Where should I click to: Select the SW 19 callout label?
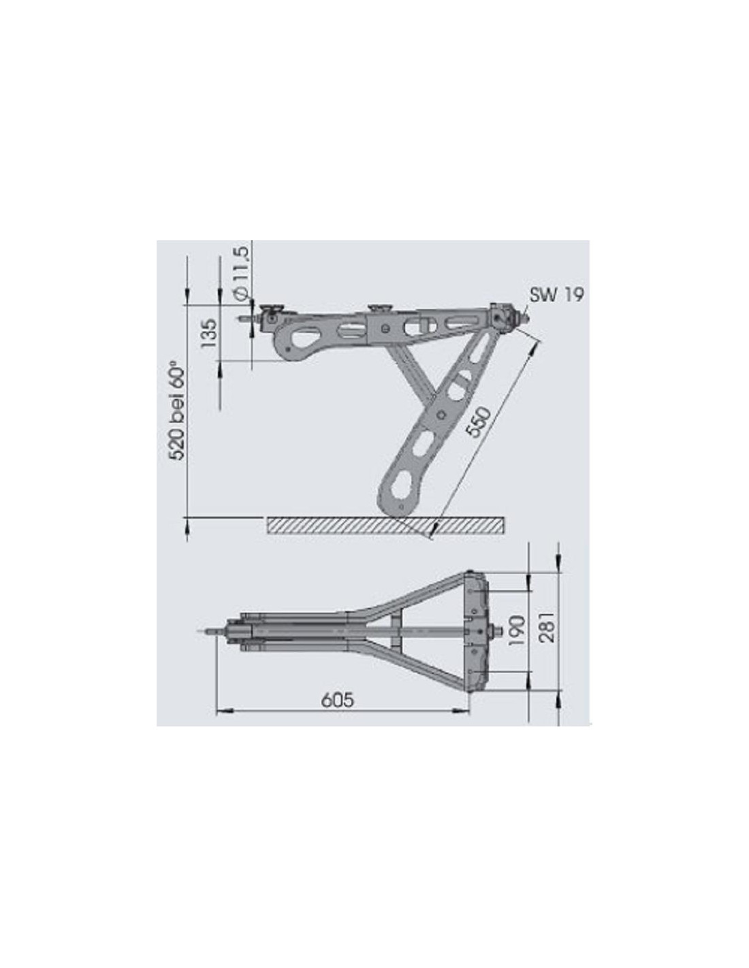(x=556, y=295)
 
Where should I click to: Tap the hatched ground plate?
(x=385, y=526)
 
